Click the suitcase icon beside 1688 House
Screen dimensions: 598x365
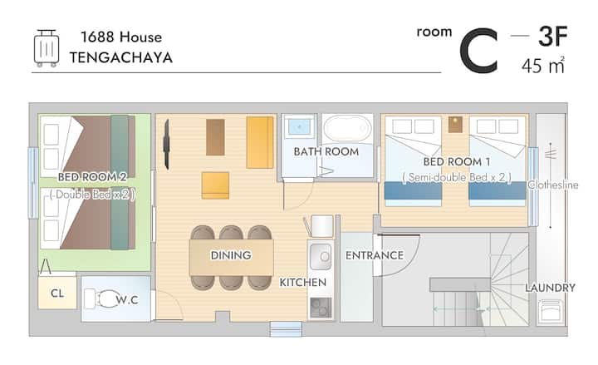pyautogui.click(x=47, y=48)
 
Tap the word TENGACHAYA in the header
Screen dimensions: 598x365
pyautogui.click(x=121, y=58)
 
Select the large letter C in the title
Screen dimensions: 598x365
pyautogui.click(x=479, y=51)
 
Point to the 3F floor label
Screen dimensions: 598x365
pyautogui.click(x=553, y=37)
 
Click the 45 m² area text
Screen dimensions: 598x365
pyautogui.click(x=542, y=66)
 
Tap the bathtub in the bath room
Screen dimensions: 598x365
pyautogui.click(x=347, y=128)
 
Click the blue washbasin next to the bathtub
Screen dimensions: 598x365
pyautogui.click(x=299, y=126)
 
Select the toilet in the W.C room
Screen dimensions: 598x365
pyautogui.click(x=101, y=299)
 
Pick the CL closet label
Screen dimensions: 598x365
pyautogui.click(x=57, y=293)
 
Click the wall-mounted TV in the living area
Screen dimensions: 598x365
pyautogui.click(x=166, y=145)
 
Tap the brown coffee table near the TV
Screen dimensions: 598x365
pyautogui.click(x=215, y=137)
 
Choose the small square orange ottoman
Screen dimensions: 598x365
pyautogui.click(x=215, y=185)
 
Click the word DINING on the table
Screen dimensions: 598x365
pyautogui.click(x=231, y=255)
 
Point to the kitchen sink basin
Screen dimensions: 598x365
pyautogui.click(x=321, y=257)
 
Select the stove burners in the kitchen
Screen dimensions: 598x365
pyautogui.click(x=321, y=308)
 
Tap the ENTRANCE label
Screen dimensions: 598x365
pyautogui.click(x=375, y=255)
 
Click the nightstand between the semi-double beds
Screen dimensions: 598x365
pyautogui.click(x=455, y=125)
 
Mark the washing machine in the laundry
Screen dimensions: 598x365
pyautogui.click(x=550, y=311)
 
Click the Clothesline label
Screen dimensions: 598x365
pyautogui.click(x=553, y=185)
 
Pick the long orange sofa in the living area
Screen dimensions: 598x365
pyautogui.click(x=260, y=142)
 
